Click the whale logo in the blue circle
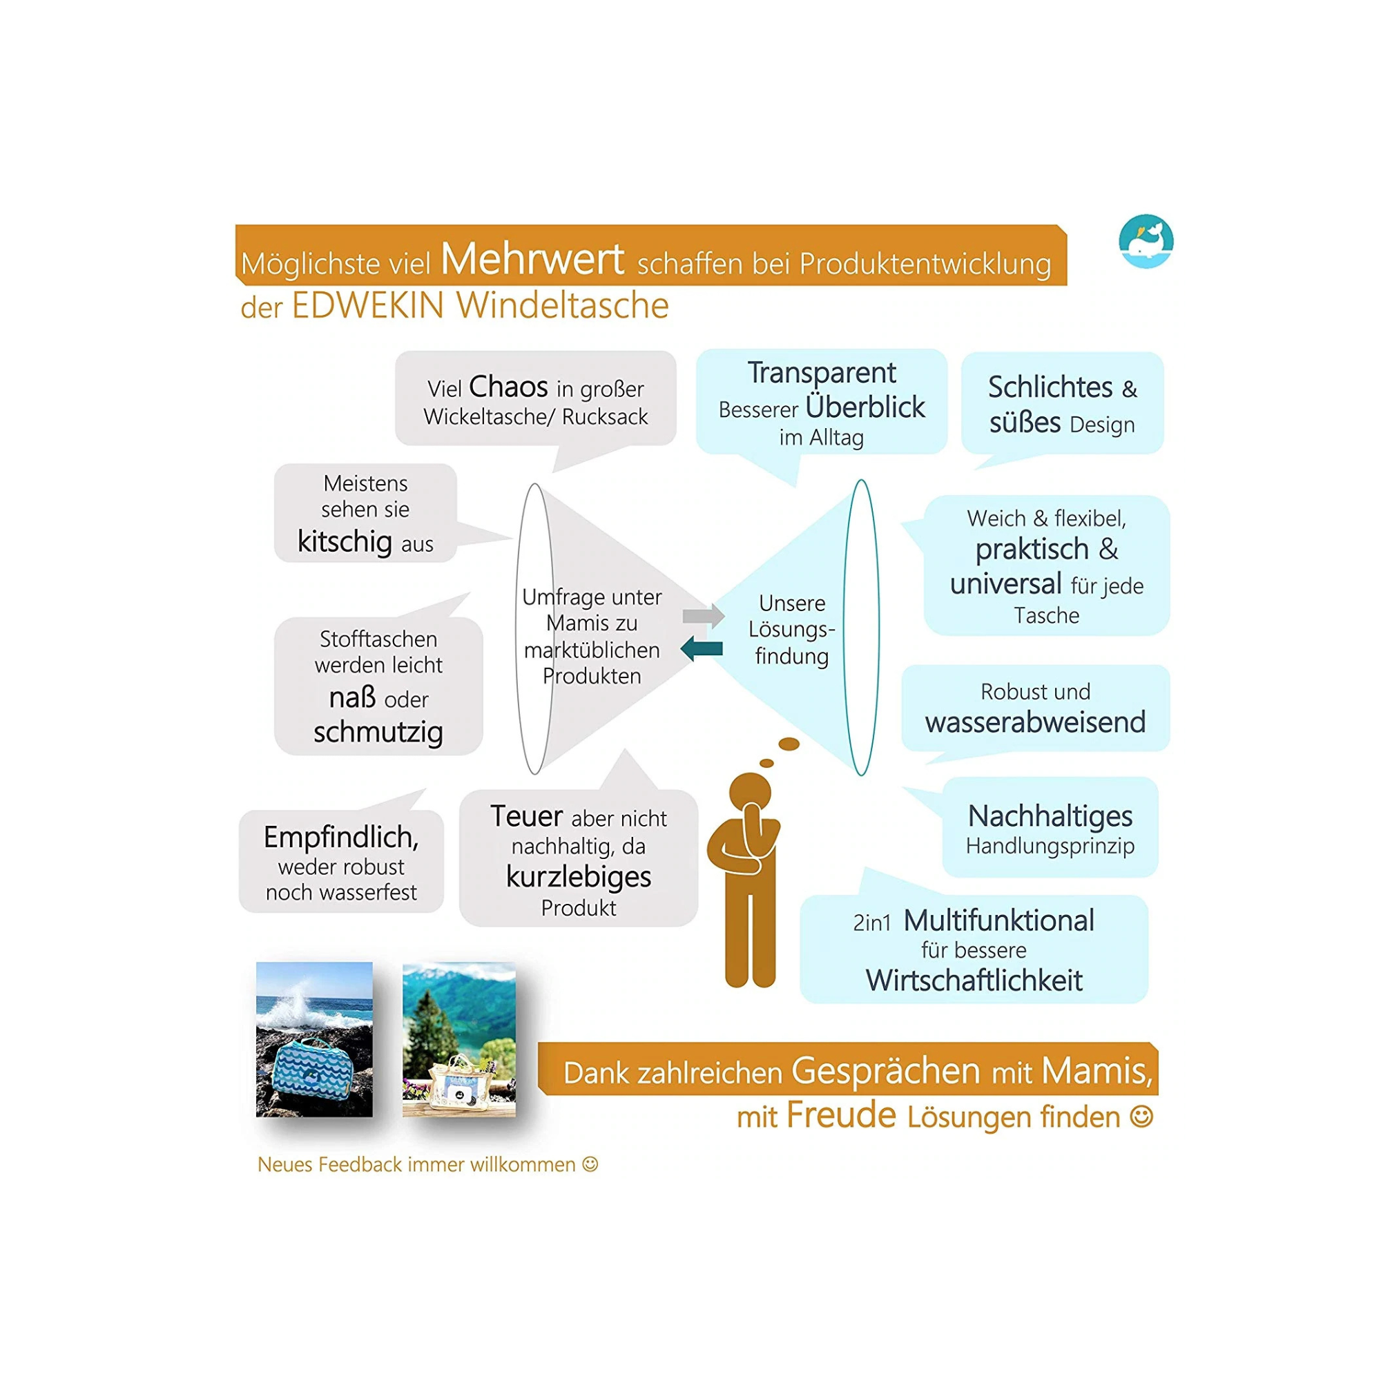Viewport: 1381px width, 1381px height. point(1146,242)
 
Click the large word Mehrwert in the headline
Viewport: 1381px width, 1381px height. point(532,259)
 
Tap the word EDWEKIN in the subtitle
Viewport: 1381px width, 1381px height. point(368,306)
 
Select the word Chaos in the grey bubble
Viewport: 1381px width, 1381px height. point(508,387)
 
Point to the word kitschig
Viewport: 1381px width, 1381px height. point(345,542)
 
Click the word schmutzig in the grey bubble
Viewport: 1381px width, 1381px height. point(378,733)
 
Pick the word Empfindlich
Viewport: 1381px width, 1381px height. point(341,837)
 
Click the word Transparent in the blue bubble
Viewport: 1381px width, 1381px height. point(821,373)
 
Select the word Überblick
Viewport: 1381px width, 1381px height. point(865,407)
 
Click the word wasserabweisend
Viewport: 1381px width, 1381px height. point(1035,722)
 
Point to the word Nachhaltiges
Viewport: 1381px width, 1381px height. point(1050,816)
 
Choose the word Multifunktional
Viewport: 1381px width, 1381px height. point(998,920)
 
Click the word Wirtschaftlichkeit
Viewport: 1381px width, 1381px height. point(974,980)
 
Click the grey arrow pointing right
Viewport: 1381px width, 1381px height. point(704,615)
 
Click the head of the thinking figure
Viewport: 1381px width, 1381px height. point(750,793)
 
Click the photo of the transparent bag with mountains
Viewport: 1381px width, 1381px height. point(459,1039)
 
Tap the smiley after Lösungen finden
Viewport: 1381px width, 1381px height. point(1141,1116)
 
